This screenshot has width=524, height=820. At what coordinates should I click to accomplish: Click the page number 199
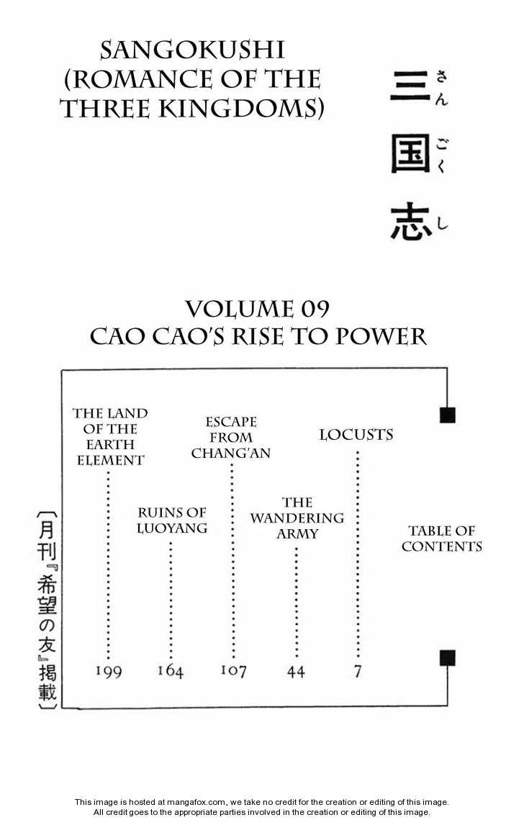109,672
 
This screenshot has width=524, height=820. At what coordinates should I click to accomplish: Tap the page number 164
171,672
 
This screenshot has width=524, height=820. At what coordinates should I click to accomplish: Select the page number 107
233,671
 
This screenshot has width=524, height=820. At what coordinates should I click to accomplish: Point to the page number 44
296,672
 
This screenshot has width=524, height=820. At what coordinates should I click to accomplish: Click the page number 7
358,671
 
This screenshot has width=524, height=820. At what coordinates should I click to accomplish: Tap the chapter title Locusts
356,435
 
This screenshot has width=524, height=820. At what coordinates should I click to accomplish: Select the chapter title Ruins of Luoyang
172,520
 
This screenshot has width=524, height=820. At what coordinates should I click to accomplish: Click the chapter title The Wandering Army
297,518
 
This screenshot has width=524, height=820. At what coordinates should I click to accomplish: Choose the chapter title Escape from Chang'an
231,437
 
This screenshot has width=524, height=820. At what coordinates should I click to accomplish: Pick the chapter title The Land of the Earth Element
110,436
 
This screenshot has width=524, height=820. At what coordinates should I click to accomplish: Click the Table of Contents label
442,539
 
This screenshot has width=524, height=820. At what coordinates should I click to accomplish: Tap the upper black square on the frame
447,415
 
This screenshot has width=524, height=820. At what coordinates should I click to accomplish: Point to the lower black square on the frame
447,657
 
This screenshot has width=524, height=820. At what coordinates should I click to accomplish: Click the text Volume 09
257,309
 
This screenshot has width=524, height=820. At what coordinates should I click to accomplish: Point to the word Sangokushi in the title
193,50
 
